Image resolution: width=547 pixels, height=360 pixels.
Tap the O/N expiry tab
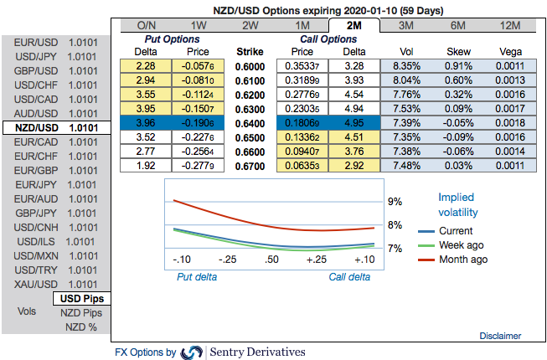[x=147, y=25]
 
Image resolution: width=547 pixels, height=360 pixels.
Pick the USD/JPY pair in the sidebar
[x=57, y=56]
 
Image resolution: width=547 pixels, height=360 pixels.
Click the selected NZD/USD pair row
[x=57, y=128]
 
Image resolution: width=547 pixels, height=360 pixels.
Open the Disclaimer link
[x=500, y=336]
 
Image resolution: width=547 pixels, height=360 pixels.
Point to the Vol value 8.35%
[x=405, y=66]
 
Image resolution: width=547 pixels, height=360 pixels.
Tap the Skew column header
[x=457, y=51]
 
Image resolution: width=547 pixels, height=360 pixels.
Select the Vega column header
[x=509, y=51]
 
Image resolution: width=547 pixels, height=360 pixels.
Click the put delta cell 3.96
[x=146, y=121]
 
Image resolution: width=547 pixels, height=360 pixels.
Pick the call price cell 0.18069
[x=302, y=121]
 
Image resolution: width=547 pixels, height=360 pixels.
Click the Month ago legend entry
[x=462, y=260]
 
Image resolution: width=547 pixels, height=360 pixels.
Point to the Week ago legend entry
[x=461, y=245]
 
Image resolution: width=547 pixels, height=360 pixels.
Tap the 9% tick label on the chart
[x=395, y=202]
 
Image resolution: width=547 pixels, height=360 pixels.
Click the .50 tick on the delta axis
[x=271, y=260]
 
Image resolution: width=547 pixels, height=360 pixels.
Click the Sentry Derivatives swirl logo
[x=192, y=352]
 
